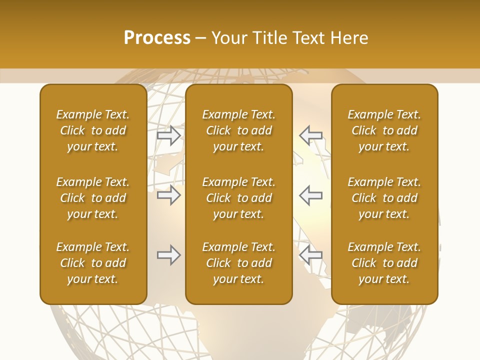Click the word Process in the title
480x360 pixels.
[x=157, y=38]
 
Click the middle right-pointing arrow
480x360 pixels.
[x=169, y=195]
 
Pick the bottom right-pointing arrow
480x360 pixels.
[x=169, y=255]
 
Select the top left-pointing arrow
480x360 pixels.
[x=311, y=135]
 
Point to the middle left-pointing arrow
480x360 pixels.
[x=311, y=195]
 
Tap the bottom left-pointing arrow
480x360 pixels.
[x=311, y=255]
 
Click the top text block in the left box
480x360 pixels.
[x=93, y=130]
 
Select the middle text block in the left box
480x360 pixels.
[x=93, y=198]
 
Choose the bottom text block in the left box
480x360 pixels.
[x=93, y=263]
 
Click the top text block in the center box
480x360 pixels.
[x=239, y=130]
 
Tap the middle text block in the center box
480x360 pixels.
[x=239, y=198]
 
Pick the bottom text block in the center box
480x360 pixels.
[x=239, y=263]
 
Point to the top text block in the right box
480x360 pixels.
[x=384, y=130]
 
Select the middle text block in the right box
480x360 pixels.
[x=384, y=198]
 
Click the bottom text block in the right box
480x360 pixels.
[x=384, y=263]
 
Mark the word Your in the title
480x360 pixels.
[x=229, y=38]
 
